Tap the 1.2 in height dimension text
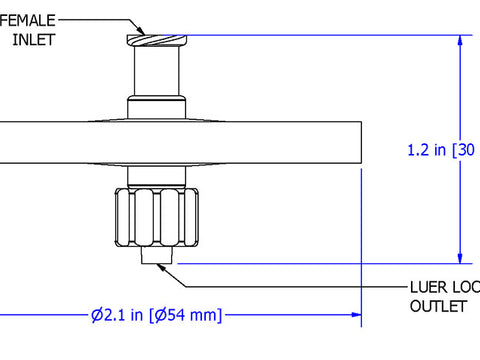pyautogui.click(x=427, y=151)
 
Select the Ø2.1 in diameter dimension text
pyautogui.click(x=112, y=316)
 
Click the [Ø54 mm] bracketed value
pyautogui.click(x=186, y=316)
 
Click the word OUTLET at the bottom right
pyautogui.click(x=437, y=307)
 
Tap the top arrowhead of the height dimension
pyautogui.click(x=461, y=43)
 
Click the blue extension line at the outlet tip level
pyautogui.click(x=320, y=264)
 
